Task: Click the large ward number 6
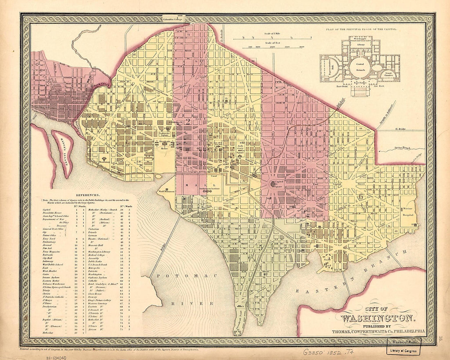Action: click(x=360, y=196)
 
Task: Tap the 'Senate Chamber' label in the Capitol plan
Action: click(x=387, y=74)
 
